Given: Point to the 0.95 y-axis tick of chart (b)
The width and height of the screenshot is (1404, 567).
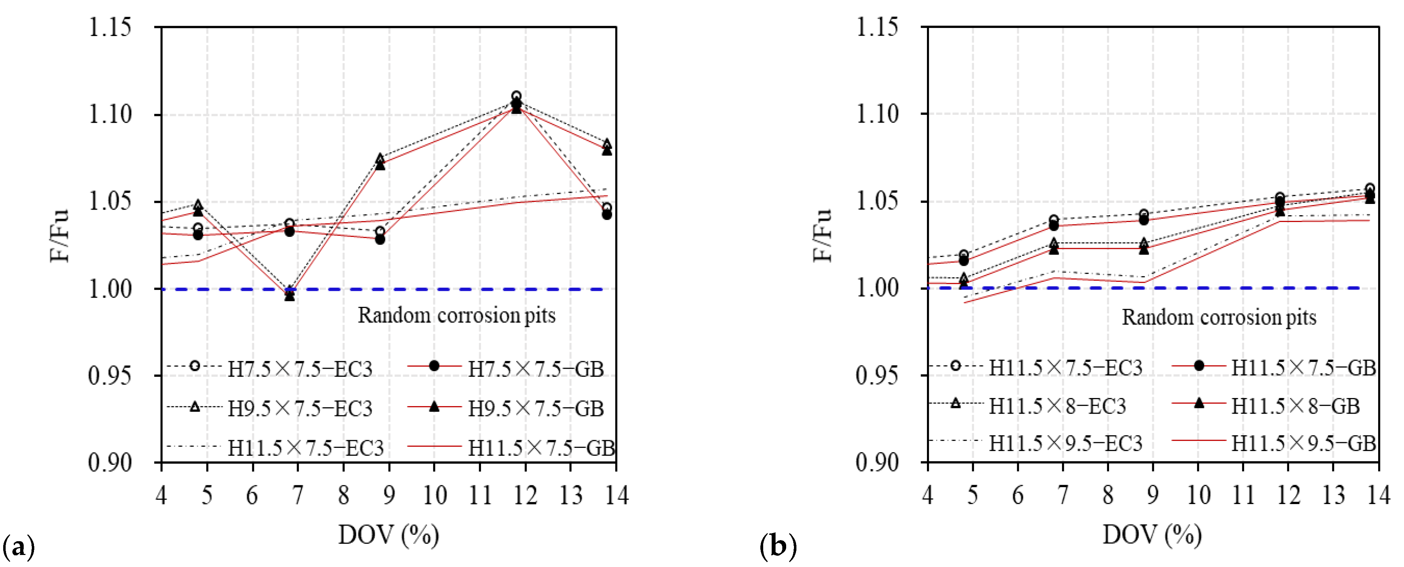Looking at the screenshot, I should [x=877, y=375].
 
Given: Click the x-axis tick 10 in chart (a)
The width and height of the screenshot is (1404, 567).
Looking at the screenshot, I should [x=434, y=496].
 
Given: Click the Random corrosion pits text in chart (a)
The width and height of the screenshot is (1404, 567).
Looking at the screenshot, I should [x=456, y=315].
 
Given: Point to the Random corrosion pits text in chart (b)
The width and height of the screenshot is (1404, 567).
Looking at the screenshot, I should [x=1219, y=317].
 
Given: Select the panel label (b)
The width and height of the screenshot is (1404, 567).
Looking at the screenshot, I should [x=778, y=546].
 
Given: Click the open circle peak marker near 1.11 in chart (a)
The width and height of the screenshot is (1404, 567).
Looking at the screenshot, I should [x=516, y=96].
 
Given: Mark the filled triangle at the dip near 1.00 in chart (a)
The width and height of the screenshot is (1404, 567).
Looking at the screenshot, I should [x=289, y=296].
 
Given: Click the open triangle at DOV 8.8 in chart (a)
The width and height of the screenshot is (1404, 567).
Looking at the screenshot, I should [x=380, y=158].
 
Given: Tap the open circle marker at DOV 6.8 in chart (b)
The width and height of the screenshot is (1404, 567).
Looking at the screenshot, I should [x=1054, y=220].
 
